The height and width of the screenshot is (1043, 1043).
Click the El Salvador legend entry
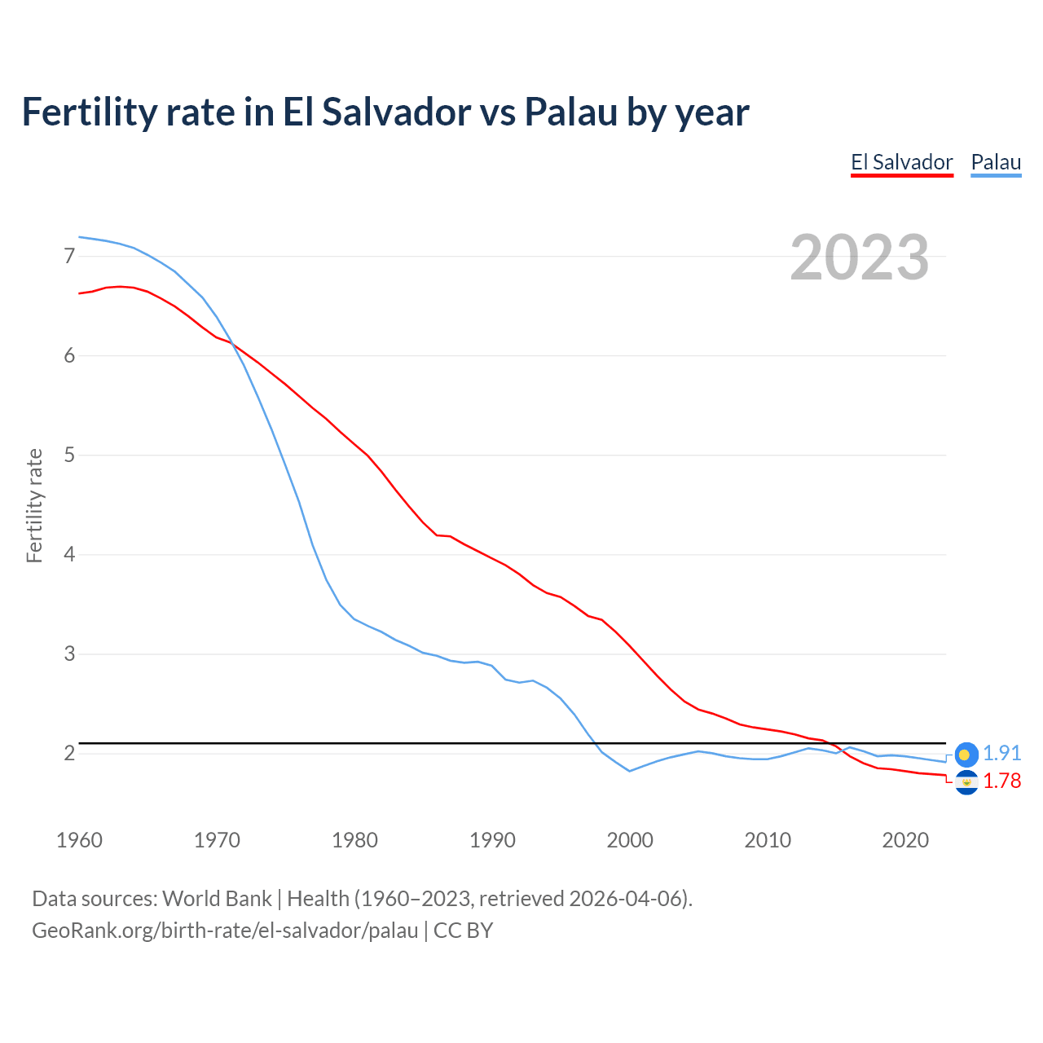(x=901, y=162)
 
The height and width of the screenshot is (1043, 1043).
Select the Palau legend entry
(x=996, y=162)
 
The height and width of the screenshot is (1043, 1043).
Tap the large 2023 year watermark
(x=859, y=257)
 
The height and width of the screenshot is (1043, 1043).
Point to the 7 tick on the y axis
(x=69, y=257)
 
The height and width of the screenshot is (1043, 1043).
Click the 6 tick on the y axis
(x=69, y=356)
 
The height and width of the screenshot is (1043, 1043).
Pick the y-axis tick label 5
(x=69, y=455)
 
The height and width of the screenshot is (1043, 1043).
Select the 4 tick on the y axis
(x=69, y=555)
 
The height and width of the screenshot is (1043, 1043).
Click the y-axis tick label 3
(x=69, y=654)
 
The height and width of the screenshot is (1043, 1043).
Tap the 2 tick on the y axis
(x=69, y=754)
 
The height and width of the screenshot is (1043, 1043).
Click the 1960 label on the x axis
(x=79, y=840)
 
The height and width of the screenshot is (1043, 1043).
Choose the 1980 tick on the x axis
(x=354, y=840)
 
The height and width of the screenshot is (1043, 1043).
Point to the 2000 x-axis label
(x=630, y=840)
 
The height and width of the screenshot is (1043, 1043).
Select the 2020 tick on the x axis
(x=905, y=840)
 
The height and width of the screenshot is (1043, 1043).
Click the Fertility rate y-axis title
(x=34, y=505)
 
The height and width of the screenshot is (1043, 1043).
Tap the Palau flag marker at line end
(x=966, y=755)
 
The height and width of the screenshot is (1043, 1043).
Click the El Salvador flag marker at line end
(x=966, y=782)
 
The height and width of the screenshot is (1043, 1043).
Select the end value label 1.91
(x=1001, y=754)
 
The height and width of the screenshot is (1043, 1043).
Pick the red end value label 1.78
(x=1001, y=781)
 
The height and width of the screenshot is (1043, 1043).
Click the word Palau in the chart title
(x=570, y=112)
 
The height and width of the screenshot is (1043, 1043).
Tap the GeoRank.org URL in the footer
(x=225, y=931)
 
